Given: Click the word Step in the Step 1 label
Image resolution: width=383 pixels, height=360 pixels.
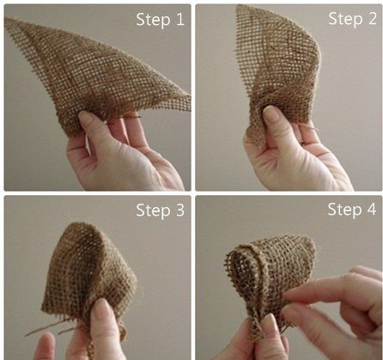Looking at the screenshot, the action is click(153, 20).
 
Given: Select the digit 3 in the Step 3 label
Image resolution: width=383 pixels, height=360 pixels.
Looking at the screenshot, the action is click(179, 211).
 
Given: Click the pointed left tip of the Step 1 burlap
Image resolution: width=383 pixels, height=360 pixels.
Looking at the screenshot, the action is click(6, 19).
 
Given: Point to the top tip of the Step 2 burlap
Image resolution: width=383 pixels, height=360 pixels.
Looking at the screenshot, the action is click(239, 6).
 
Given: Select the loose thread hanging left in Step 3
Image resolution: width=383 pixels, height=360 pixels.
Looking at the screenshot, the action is click(43, 329).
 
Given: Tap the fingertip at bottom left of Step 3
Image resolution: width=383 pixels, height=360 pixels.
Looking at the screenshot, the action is click(47, 342).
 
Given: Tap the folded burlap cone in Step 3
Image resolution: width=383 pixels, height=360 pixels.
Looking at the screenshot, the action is click(88, 275).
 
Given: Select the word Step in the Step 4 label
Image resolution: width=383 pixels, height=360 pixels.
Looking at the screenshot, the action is click(344, 210).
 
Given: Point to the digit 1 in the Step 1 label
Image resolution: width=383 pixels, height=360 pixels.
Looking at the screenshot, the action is click(180, 20).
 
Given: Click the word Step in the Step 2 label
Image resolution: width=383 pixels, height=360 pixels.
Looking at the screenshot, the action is click(345, 19).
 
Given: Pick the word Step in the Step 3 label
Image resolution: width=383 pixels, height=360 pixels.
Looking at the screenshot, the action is click(153, 211).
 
